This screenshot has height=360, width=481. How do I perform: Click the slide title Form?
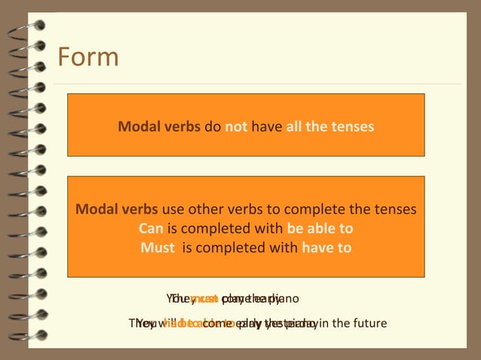coord(88,57)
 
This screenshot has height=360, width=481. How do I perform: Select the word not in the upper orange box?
coord(236,127)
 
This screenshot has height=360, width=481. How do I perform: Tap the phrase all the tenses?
coord(329,127)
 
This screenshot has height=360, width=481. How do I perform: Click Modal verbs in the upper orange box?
coord(159,127)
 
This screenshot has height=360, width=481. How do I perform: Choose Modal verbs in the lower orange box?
coord(117,209)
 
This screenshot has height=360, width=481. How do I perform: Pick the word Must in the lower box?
coord(158,247)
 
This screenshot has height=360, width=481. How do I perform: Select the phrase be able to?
coord(320,228)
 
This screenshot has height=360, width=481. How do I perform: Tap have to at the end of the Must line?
coord(326,247)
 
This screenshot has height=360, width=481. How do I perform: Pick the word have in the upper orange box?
coord(267,127)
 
